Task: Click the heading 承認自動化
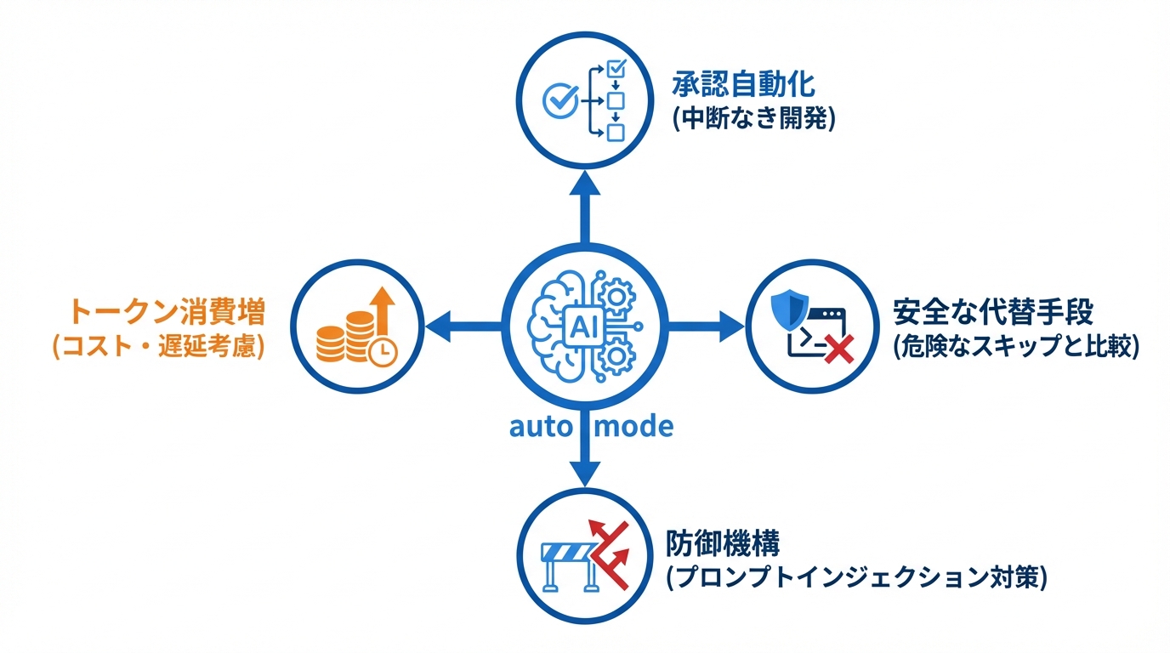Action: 743,85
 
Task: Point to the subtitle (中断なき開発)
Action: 753,119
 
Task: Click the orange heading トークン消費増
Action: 167,312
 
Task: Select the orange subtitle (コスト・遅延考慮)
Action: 158,347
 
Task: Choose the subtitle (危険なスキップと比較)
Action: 1016,347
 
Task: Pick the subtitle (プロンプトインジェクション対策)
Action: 855,577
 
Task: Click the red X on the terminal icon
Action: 838,347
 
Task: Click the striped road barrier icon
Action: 565,562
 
